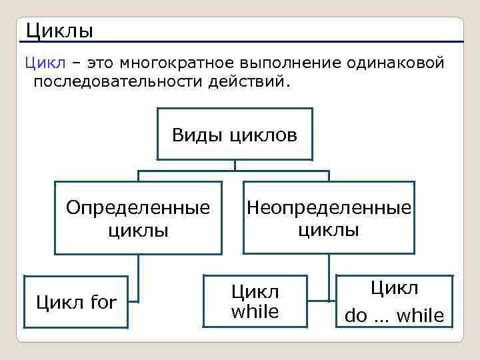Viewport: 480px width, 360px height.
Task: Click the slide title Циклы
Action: [x=59, y=31]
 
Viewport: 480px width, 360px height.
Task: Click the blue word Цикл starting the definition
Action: [x=45, y=63]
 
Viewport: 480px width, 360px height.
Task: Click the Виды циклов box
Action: [x=235, y=134]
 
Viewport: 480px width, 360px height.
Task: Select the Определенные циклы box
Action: [x=138, y=218]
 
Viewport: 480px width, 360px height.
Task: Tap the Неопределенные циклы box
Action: [x=329, y=217]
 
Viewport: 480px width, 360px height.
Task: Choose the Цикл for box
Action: [x=75, y=302]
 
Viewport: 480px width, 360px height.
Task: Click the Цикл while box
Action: [x=255, y=301]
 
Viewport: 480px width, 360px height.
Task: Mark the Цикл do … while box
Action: [x=394, y=302]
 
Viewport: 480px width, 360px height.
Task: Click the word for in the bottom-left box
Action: [x=102, y=303]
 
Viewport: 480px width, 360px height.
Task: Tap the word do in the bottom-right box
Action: [x=356, y=316]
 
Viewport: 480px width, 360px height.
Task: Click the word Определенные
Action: [x=138, y=207]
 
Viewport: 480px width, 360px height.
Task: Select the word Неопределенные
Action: [x=329, y=207]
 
